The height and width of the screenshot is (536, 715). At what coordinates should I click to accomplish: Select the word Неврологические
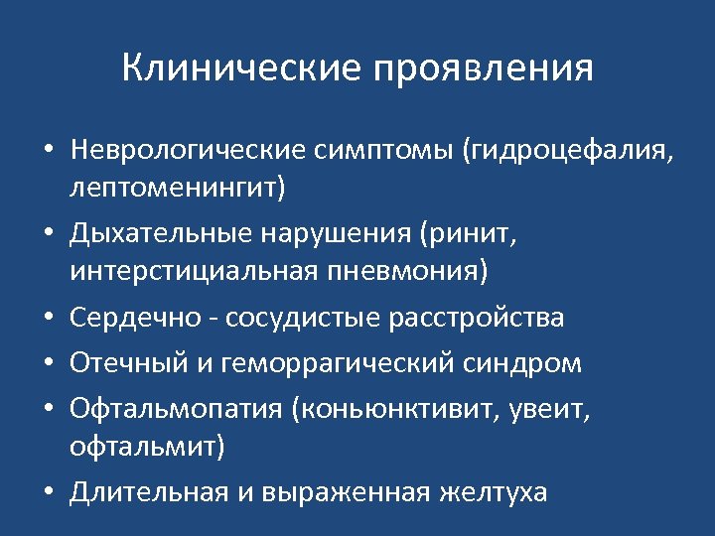[189, 150]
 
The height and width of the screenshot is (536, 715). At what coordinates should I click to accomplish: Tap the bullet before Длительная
[48, 493]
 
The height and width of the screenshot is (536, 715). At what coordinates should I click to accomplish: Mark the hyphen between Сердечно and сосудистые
[214, 320]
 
